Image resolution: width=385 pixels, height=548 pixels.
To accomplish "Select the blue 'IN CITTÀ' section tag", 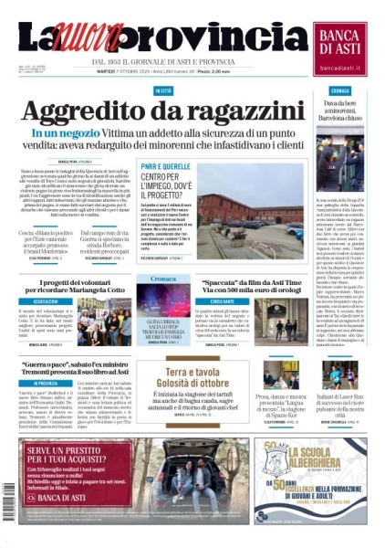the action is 163,91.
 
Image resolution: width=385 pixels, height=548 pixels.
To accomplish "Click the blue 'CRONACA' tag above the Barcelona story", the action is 340,91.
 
